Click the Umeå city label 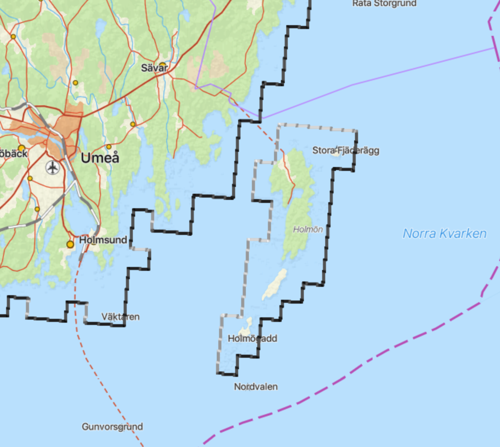(x=100, y=158)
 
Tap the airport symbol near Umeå (x=52, y=167)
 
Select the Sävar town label (x=154, y=68)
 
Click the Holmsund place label (x=103, y=240)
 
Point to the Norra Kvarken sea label (x=445, y=233)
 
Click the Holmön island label (x=308, y=229)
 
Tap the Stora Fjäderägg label (x=345, y=150)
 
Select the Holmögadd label (x=252, y=338)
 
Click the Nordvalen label (x=256, y=387)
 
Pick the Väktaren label (x=120, y=317)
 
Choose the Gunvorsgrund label (x=112, y=426)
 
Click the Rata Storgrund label (x=384, y=3)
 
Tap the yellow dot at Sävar (x=163, y=65)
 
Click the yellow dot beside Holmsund (x=70, y=244)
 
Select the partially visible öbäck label (x=13, y=153)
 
